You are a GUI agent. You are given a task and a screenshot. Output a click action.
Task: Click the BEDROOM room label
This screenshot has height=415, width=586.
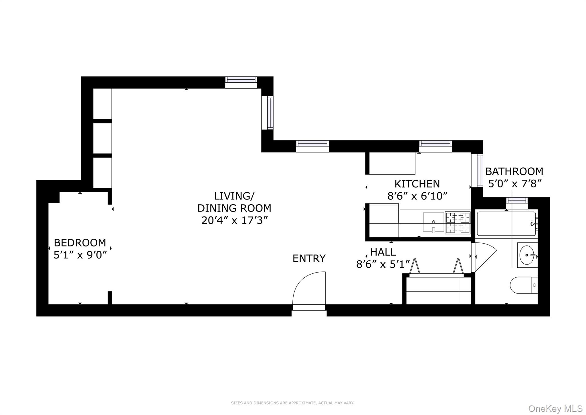(80, 243)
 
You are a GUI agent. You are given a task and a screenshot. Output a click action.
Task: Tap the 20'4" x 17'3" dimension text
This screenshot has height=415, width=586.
(234, 220)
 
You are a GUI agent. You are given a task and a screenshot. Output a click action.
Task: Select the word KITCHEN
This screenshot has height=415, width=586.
(417, 184)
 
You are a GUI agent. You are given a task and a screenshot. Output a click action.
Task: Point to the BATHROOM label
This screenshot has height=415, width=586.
(514, 171)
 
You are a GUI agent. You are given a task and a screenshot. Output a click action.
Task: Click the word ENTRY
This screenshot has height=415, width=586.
(309, 259)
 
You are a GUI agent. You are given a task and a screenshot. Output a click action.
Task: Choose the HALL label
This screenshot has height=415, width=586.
(383, 252)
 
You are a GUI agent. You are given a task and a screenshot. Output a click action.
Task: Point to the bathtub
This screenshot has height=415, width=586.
(505, 224)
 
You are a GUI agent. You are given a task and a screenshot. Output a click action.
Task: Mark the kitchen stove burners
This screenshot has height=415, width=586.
(458, 223)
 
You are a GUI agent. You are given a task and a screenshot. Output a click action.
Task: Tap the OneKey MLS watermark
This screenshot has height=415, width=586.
(555, 408)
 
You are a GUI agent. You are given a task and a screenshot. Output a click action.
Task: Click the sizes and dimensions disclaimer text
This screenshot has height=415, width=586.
(292, 403)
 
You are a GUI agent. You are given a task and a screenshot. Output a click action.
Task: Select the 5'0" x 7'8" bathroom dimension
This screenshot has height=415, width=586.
(515, 184)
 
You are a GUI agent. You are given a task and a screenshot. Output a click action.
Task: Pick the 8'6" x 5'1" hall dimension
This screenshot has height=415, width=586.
(383, 264)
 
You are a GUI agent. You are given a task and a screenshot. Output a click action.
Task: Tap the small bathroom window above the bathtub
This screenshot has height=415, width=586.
(517, 200)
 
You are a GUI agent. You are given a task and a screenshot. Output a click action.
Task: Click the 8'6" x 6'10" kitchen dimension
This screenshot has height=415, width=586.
(417, 196)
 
